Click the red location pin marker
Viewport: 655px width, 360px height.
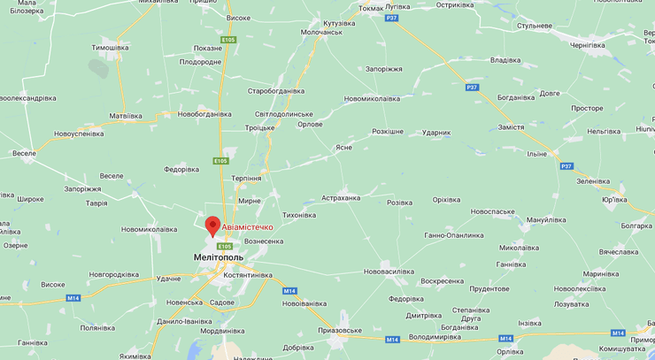(x=212, y=226)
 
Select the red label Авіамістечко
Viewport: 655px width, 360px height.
(x=247, y=227)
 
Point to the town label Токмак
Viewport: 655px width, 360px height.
(x=371, y=8)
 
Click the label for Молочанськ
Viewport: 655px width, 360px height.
(x=321, y=32)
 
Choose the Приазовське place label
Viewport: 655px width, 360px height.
(x=340, y=331)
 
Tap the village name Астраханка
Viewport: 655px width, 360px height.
(x=341, y=198)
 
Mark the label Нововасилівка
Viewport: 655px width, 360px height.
(x=389, y=272)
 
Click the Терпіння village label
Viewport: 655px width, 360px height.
(x=246, y=178)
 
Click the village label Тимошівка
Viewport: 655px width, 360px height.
(x=110, y=48)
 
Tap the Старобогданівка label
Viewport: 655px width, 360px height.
(x=275, y=91)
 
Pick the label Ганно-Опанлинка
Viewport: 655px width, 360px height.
(x=454, y=235)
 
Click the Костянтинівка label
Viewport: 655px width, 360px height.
(x=248, y=275)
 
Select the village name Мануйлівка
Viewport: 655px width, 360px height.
(x=546, y=219)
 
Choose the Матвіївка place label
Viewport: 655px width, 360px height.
(x=125, y=116)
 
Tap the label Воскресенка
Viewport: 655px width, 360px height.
(x=442, y=281)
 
